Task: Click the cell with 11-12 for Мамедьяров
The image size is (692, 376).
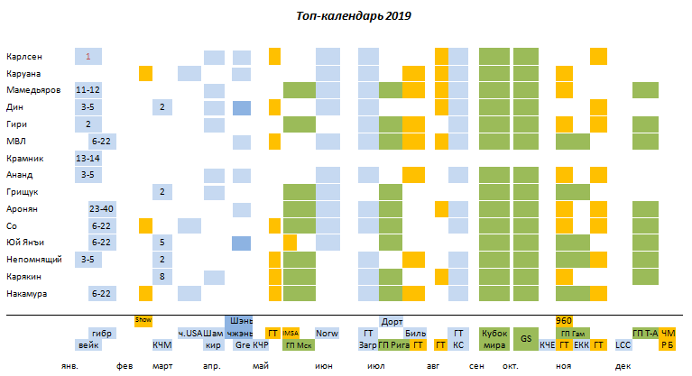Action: (88, 90)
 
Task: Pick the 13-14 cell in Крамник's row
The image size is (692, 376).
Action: (88, 158)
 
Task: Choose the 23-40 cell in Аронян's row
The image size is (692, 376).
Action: (102, 209)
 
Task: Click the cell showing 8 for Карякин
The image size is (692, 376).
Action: (161, 277)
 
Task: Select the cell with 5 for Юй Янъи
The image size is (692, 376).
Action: (161, 243)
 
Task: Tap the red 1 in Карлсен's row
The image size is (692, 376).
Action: (88, 56)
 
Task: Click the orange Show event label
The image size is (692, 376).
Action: (143, 320)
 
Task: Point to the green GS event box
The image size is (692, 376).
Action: (525, 338)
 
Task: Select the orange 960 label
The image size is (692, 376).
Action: (564, 321)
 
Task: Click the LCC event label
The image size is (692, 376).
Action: (623, 344)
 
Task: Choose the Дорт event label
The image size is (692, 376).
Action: (392, 321)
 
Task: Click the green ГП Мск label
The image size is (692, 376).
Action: (298, 344)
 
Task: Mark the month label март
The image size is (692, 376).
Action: (162, 367)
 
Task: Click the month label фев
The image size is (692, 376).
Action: (125, 367)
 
